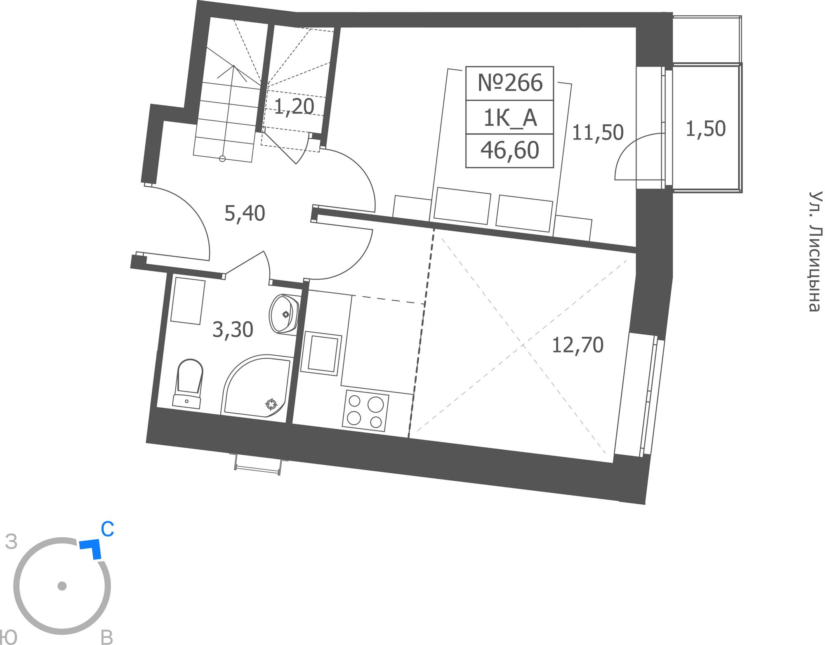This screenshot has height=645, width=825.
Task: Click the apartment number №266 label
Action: (510, 83)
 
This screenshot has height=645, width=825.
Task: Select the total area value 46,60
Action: (510, 150)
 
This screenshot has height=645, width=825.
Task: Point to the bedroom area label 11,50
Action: (598, 132)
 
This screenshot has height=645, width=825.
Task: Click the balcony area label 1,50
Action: (705, 129)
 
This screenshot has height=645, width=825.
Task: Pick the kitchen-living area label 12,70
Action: (577, 345)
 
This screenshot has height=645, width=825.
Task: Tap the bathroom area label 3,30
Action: (233, 330)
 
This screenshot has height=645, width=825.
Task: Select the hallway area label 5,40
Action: (245, 213)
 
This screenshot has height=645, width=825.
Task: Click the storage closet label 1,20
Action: (294, 107)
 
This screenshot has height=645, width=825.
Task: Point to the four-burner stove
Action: (365, 411)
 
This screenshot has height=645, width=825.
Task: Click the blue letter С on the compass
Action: (107, 529)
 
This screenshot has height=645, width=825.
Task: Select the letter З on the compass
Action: (12, 542)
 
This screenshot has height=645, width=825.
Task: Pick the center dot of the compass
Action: (62, 586)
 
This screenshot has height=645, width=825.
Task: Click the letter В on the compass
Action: (107, 638)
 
